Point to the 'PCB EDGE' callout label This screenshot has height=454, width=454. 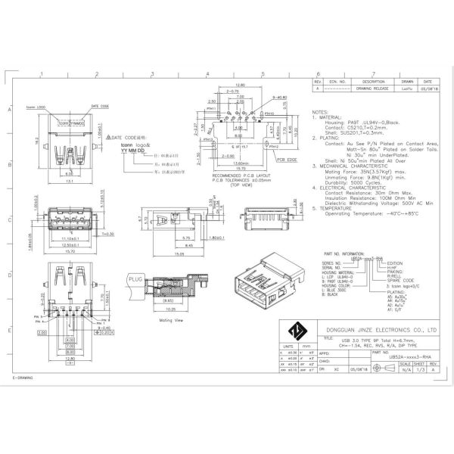pyautogui.click(x=287, y=160)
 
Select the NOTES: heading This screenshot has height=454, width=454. pyautogui.click(x=320, y=111)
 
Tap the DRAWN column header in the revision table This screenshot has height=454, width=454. pyautogui.click(x=407, y=81)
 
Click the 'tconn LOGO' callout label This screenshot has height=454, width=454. pyautogui.click(x=58, y=107)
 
